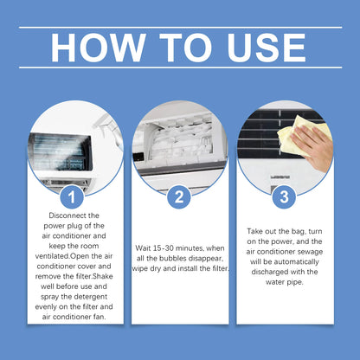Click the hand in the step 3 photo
tap(317, 144)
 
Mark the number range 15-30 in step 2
tap(166, 247)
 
